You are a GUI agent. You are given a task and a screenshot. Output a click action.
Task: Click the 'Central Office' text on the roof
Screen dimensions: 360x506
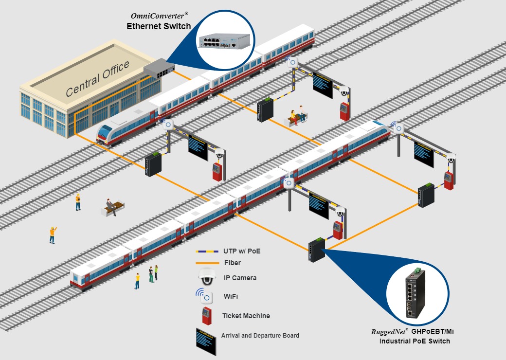click(98, 78)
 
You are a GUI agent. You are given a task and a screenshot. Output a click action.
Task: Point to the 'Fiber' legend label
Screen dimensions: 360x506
click(233, 263)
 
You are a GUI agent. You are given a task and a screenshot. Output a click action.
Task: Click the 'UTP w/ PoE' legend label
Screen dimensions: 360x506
click(242, 252)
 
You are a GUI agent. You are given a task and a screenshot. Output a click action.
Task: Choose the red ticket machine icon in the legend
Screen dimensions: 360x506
click(206, 316)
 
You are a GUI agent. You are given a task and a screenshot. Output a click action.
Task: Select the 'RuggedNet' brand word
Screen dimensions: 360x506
click(388, 332)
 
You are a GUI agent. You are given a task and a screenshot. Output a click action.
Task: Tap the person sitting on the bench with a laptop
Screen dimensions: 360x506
click(111, 206)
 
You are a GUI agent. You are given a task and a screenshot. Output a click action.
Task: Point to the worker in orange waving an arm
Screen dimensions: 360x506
click(53, 234)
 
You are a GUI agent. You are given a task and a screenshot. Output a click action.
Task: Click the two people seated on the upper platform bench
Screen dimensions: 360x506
click(298, 115)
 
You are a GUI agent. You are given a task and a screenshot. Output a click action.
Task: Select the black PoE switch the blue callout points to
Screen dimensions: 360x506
click(317, 250)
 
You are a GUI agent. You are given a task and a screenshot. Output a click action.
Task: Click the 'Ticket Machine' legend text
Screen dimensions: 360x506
click(246, 316)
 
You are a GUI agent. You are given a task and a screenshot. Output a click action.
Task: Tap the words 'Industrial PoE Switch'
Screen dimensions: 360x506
click(415, 341)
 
